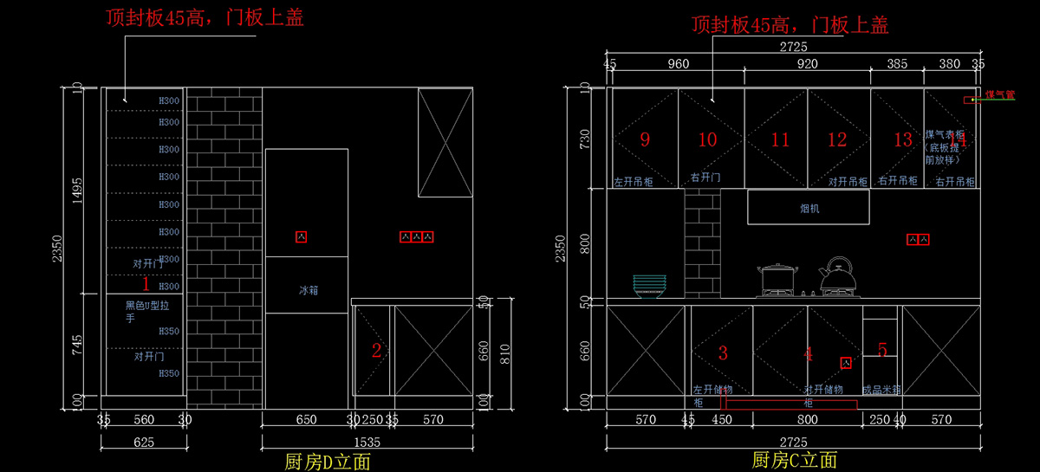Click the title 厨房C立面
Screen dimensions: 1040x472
pyautogui.click(x=794, y=460)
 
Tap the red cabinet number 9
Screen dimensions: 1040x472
pyautogui.click(x=645, y=139)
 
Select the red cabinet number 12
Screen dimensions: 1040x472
pyautogui.click(x=836, y=139)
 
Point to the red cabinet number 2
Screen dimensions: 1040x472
pyautogui.click(x=376, y=351)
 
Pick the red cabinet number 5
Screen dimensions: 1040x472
pyautogui.click(x=882, y=350)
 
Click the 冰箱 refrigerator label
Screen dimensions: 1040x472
pyautogui.click(x=309, y=291)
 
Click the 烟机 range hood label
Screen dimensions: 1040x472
pyautogui.click(x=809, y=209)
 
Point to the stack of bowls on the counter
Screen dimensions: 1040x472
pyautogui.click(x=650, y=285)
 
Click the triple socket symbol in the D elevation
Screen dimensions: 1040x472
pyautogui.click(x=416, y=236)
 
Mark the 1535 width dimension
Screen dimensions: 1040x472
pyautogui.click(x=367, y=443)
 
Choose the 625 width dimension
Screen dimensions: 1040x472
pyautogui.click(x=144, y=443)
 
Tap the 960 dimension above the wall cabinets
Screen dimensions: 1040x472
pyautogui.click(x=678, y=63)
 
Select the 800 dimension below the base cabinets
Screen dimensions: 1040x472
pyautogui.click(x=807, y=420)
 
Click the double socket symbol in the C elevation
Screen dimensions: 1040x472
pyautogui.click(x=918, y=239)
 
